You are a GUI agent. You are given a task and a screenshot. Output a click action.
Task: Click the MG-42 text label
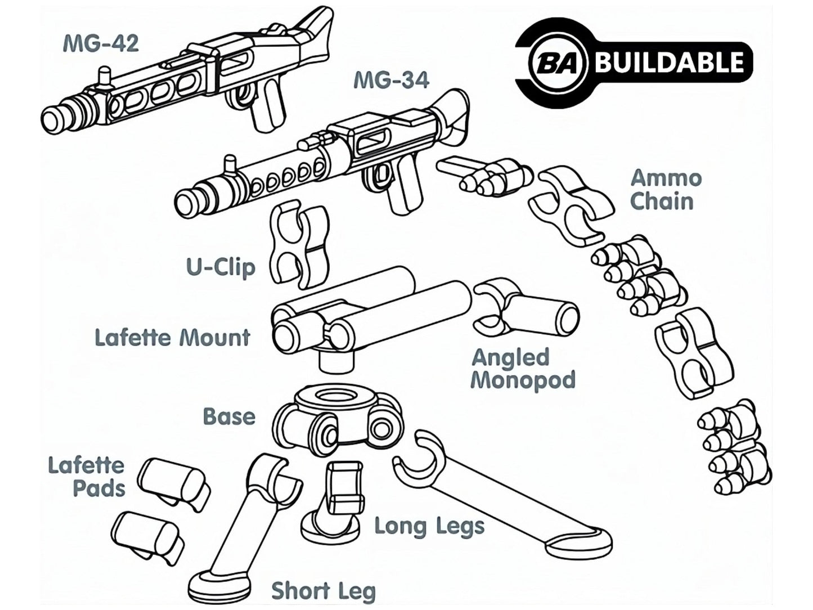[100, 43]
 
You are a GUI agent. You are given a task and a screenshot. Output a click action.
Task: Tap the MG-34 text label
[391, 80]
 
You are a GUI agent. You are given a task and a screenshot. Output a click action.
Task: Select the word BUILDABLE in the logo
[669, 61]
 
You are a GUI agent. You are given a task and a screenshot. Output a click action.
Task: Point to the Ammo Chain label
[666, 190]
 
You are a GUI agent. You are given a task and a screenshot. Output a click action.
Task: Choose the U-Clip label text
[221, 267]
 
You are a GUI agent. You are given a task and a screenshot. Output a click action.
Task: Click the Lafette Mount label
[172, 338]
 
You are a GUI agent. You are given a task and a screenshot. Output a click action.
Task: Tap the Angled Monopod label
[523, 369]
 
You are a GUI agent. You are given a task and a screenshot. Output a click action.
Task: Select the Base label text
[229, 417]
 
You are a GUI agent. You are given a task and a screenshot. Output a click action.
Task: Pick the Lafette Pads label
[86, 477]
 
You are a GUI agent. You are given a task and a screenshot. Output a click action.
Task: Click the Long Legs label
[429, 527]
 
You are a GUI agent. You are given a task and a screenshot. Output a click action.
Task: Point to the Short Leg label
[324, 591]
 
